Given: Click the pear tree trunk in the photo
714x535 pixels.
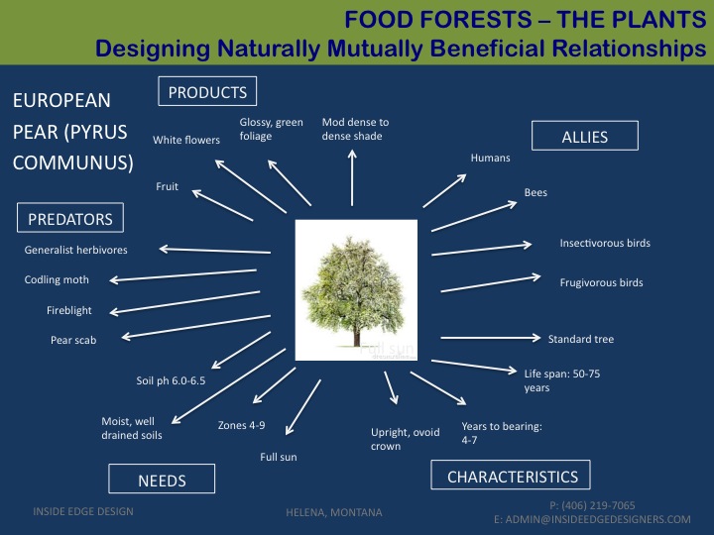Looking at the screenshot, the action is pyautogui.click(x=357, y=337).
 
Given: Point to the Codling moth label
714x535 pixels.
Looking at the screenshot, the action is pyautogui.click(x=57, y=279).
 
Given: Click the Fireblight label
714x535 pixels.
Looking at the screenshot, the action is pyautogui.click(x=69, y=310).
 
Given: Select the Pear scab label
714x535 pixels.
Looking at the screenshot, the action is pyautogui.click(x=73, y=340).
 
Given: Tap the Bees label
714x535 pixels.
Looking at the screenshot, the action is pyautogui.click(x=535, y=192).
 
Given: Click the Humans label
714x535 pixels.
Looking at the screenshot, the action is pyautogui.click(x=491, y=158).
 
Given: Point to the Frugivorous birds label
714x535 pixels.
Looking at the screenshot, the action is pyautogui.click(x=602, y=282).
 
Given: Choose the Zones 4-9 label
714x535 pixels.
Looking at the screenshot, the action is pyautogui.click(x=241, y=425).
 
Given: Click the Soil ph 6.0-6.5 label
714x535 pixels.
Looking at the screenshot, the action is pyautogui.click(x=171, y=380).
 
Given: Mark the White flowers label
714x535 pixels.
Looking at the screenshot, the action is pyautogui.click(x=186, y=140).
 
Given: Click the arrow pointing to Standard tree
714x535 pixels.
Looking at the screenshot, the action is pyautogui.click(x=491, y=338).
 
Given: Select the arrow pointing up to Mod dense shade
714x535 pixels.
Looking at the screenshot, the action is pyautogui.click(x=352, y=178).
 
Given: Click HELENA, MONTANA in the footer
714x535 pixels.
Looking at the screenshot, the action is pyautogui.click(x=334, y=512).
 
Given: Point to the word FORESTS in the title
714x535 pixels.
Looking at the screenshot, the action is pyautogui.click(x=476, y=20).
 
